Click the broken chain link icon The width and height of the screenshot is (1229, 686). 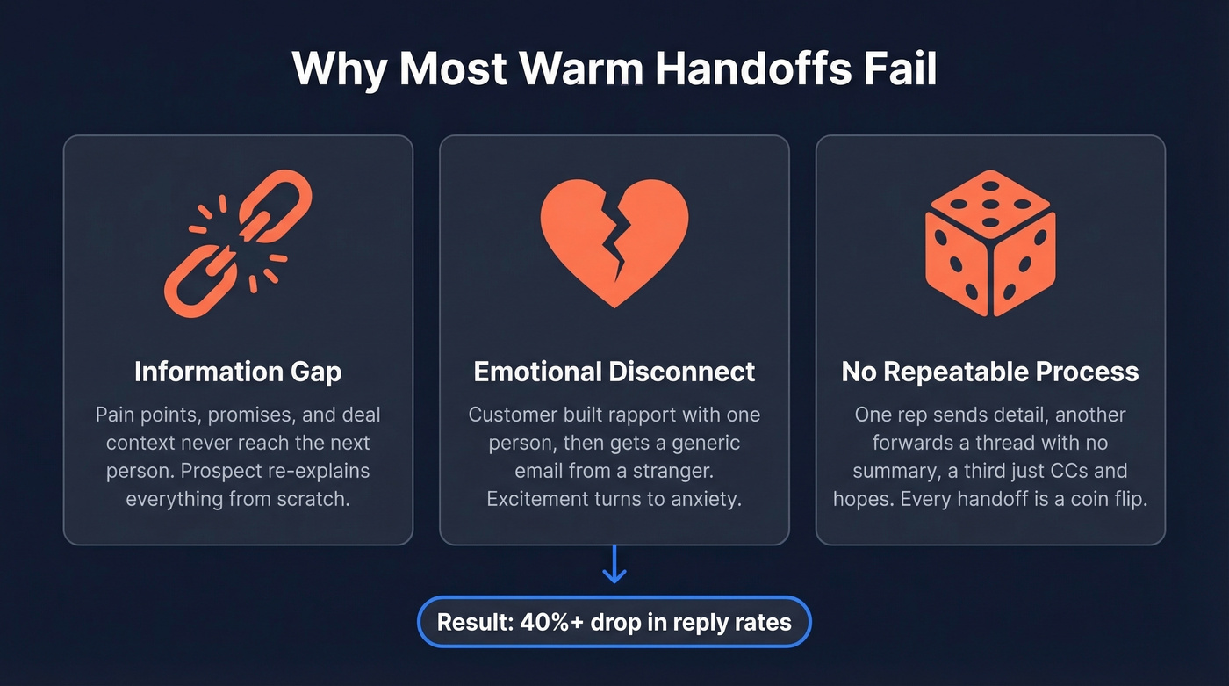click(238, 243)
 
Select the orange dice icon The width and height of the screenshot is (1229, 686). click(990, 243)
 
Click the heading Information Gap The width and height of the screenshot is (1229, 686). click(238, 372)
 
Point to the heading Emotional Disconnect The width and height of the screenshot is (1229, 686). click(614, 372)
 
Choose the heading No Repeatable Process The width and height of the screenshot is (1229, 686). click(990, 372)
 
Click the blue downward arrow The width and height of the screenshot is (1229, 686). click(614, 565)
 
